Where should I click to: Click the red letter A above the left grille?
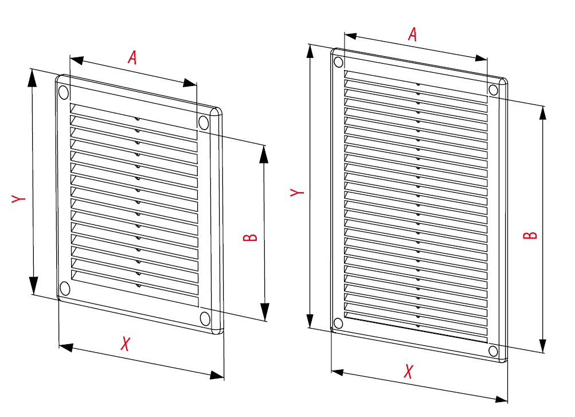pos(132,57)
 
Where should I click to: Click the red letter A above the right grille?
pos(413,34)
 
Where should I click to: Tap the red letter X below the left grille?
pos(126,344)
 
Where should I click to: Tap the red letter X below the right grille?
pos(408,371)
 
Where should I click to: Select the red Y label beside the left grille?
pos(18,198)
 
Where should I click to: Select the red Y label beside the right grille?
pos(297,192)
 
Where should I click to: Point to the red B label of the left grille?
pos(251,237)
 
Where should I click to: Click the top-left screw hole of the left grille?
pos(64,92)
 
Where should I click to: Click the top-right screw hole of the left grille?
pos(204,123)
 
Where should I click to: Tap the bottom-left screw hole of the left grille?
pos(65,289)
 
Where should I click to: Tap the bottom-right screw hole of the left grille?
pos(205,319)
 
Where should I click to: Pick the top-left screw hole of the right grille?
pos(339,62)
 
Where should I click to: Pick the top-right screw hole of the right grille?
pos(493,90)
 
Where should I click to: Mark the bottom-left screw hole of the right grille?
pos(338,324)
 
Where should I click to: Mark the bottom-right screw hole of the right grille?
pos(493,352)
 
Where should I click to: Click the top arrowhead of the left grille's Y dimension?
pos(33,78)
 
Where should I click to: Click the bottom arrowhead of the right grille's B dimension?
pos(543,345)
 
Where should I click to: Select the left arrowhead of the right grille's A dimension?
pos(351,36)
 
